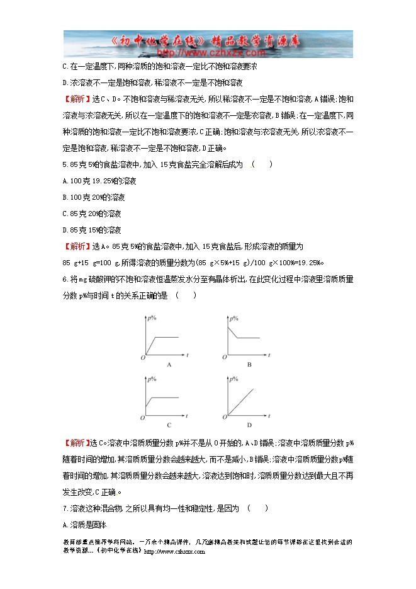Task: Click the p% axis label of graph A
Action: click(x=152, y=319)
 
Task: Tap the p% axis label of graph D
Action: click(x=233, y=379)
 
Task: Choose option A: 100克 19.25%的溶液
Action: click(x=100, y=181)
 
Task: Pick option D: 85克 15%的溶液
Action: click(x=91, y=231)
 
